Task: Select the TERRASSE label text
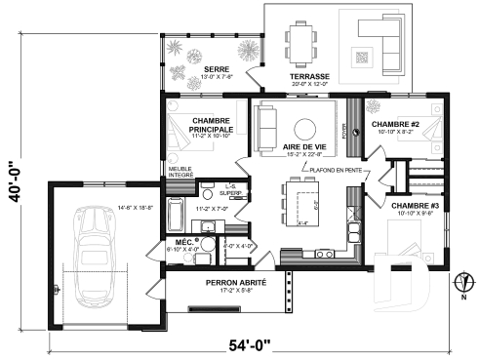(x=309, y=75)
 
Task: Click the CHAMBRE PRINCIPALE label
(x=211, y=125)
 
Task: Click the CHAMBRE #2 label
(x=395, y=124)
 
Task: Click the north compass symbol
(x=461, y=284)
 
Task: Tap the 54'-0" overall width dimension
(x=250, y=345)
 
